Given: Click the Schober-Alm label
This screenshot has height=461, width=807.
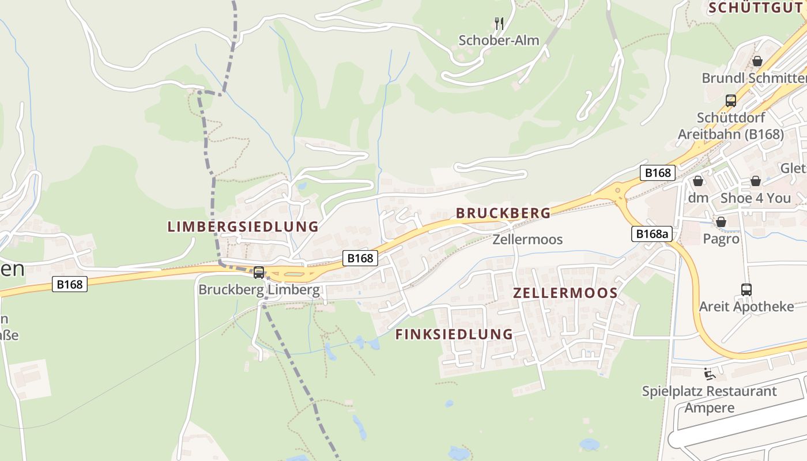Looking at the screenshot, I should point(499,40).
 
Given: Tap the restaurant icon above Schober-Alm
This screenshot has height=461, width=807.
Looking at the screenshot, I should point(499,23).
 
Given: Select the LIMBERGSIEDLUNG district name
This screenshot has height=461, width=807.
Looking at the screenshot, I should point(243,226).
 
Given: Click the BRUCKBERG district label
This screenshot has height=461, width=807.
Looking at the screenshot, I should point(503,213).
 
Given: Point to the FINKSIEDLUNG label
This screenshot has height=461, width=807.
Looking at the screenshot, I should point(454,334).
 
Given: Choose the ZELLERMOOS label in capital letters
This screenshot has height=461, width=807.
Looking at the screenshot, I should point(565,293).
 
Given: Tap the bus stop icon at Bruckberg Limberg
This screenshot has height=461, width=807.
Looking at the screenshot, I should point(259,273).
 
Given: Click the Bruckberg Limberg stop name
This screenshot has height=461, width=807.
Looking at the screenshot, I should point(259,289).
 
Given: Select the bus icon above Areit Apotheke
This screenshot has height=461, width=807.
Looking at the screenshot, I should point(746,289).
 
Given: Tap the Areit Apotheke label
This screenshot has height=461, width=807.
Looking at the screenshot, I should point(746,307).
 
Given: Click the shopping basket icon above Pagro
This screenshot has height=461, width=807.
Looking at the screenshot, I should point(721,222).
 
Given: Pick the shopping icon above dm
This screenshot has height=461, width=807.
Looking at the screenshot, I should point(698,181).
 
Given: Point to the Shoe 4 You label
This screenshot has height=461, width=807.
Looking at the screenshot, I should point(756,198).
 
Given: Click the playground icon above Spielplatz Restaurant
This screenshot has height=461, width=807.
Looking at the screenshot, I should point(710,374).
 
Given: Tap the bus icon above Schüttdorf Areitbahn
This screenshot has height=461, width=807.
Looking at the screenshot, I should point(731,101).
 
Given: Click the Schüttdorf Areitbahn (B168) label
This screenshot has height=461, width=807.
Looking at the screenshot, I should point(731,126).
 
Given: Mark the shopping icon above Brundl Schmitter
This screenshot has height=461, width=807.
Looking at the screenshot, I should point(757,61).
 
